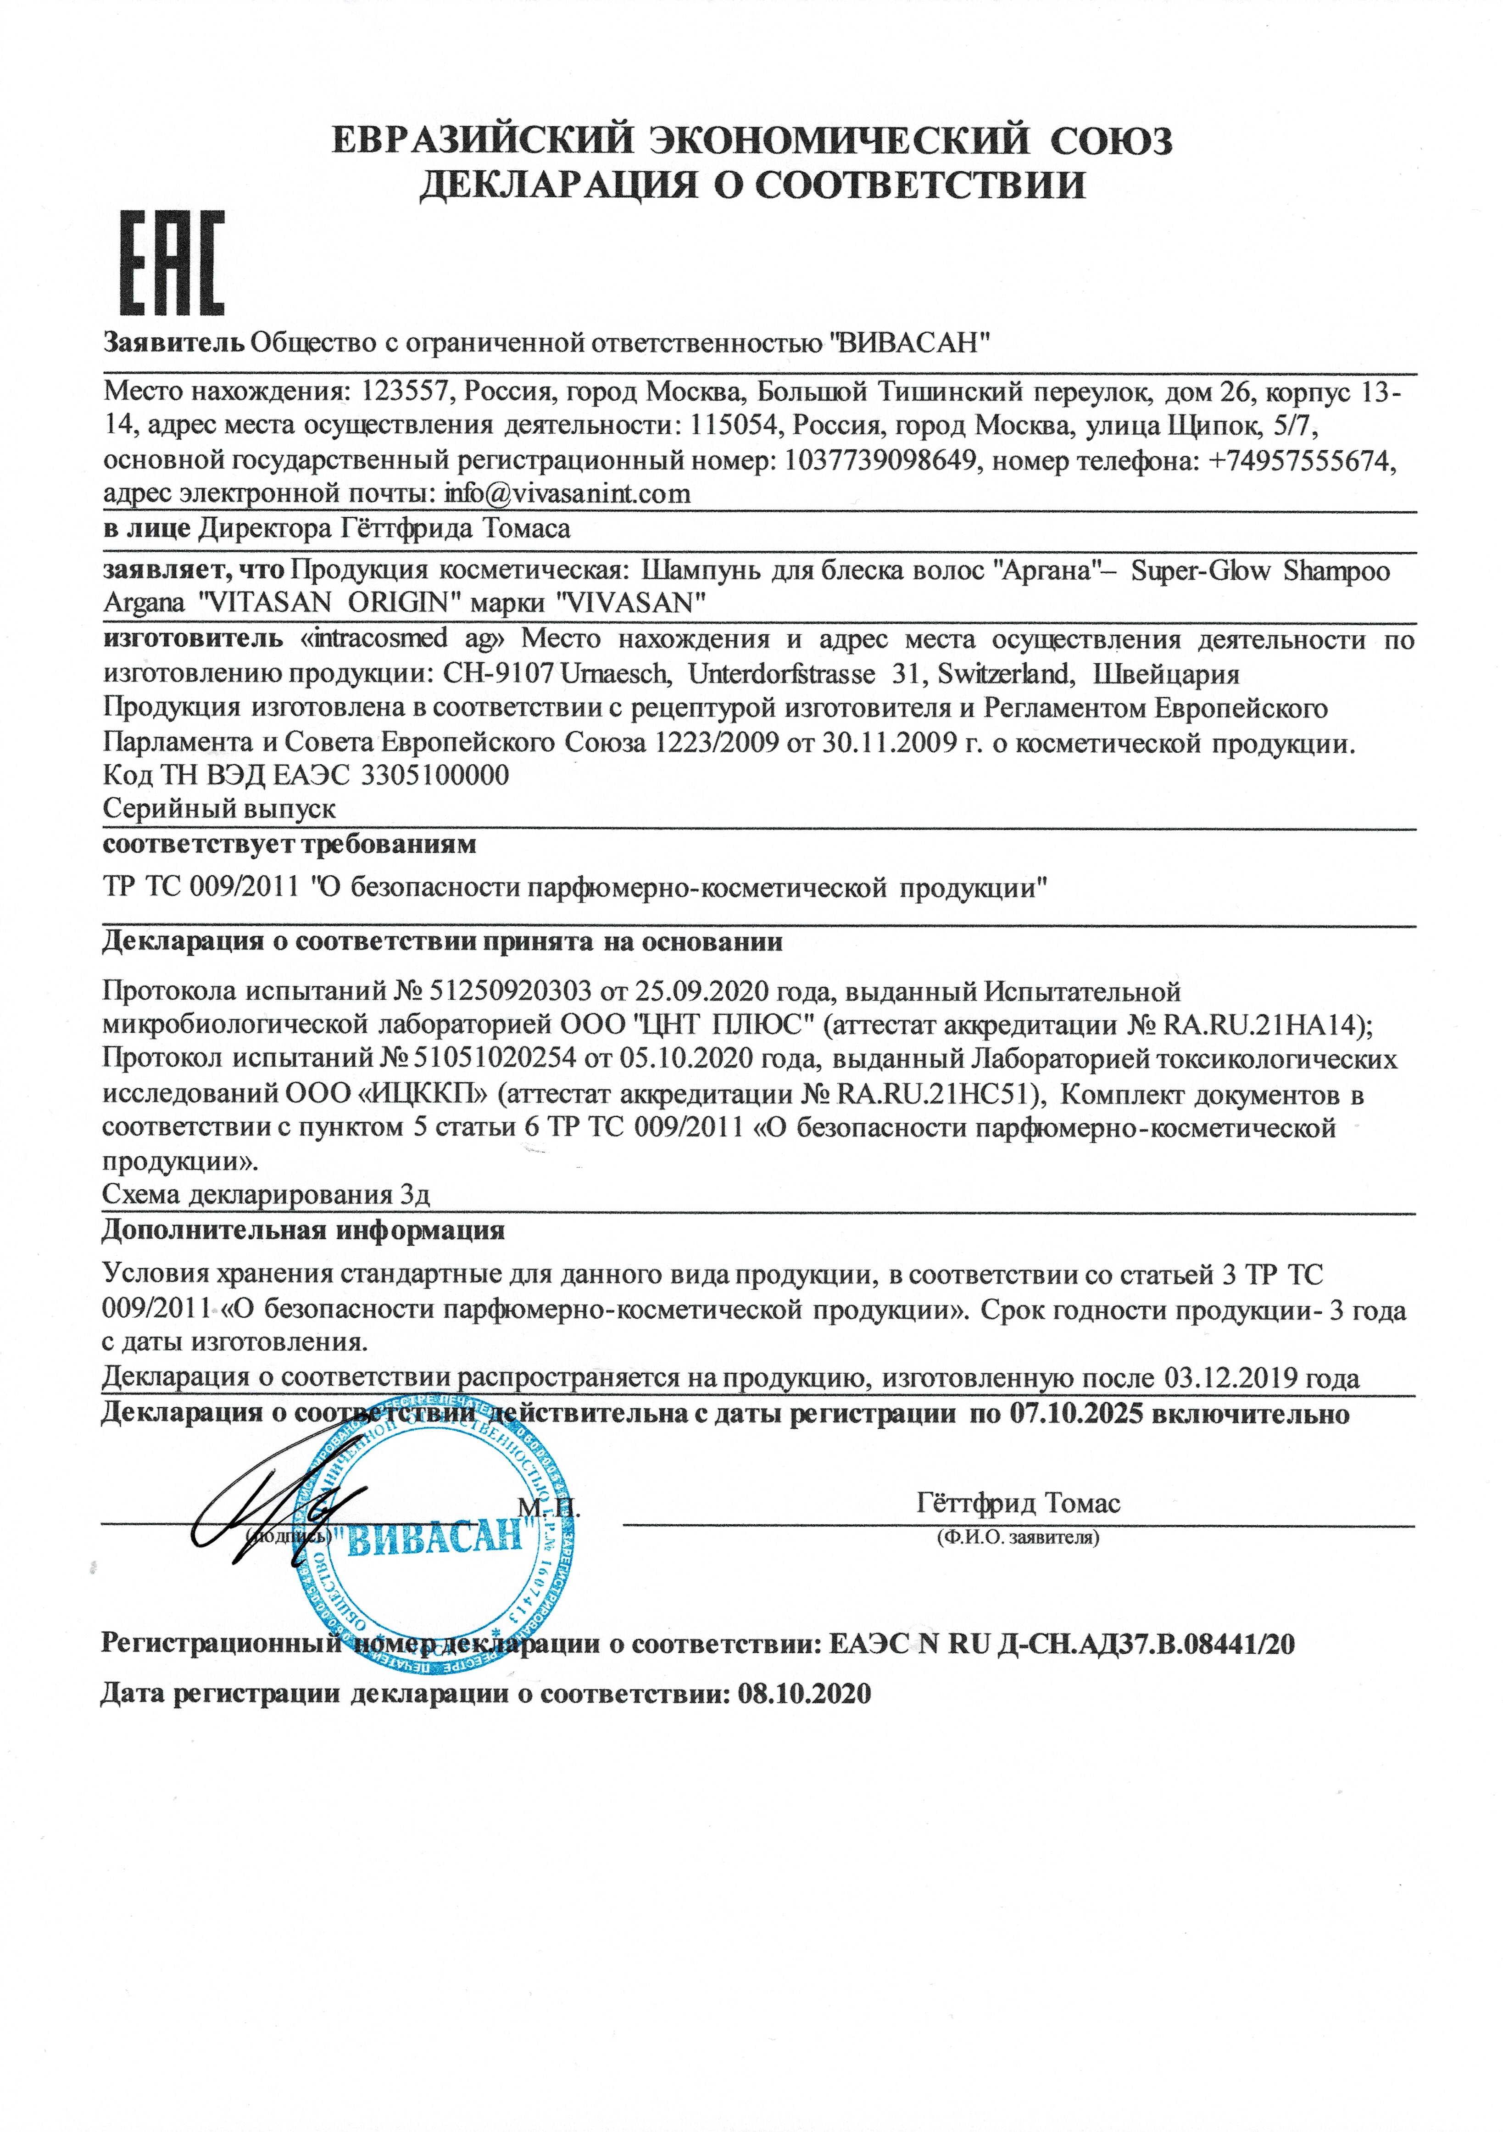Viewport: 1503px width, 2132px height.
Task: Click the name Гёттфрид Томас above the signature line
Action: [x=1018, y=1502]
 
